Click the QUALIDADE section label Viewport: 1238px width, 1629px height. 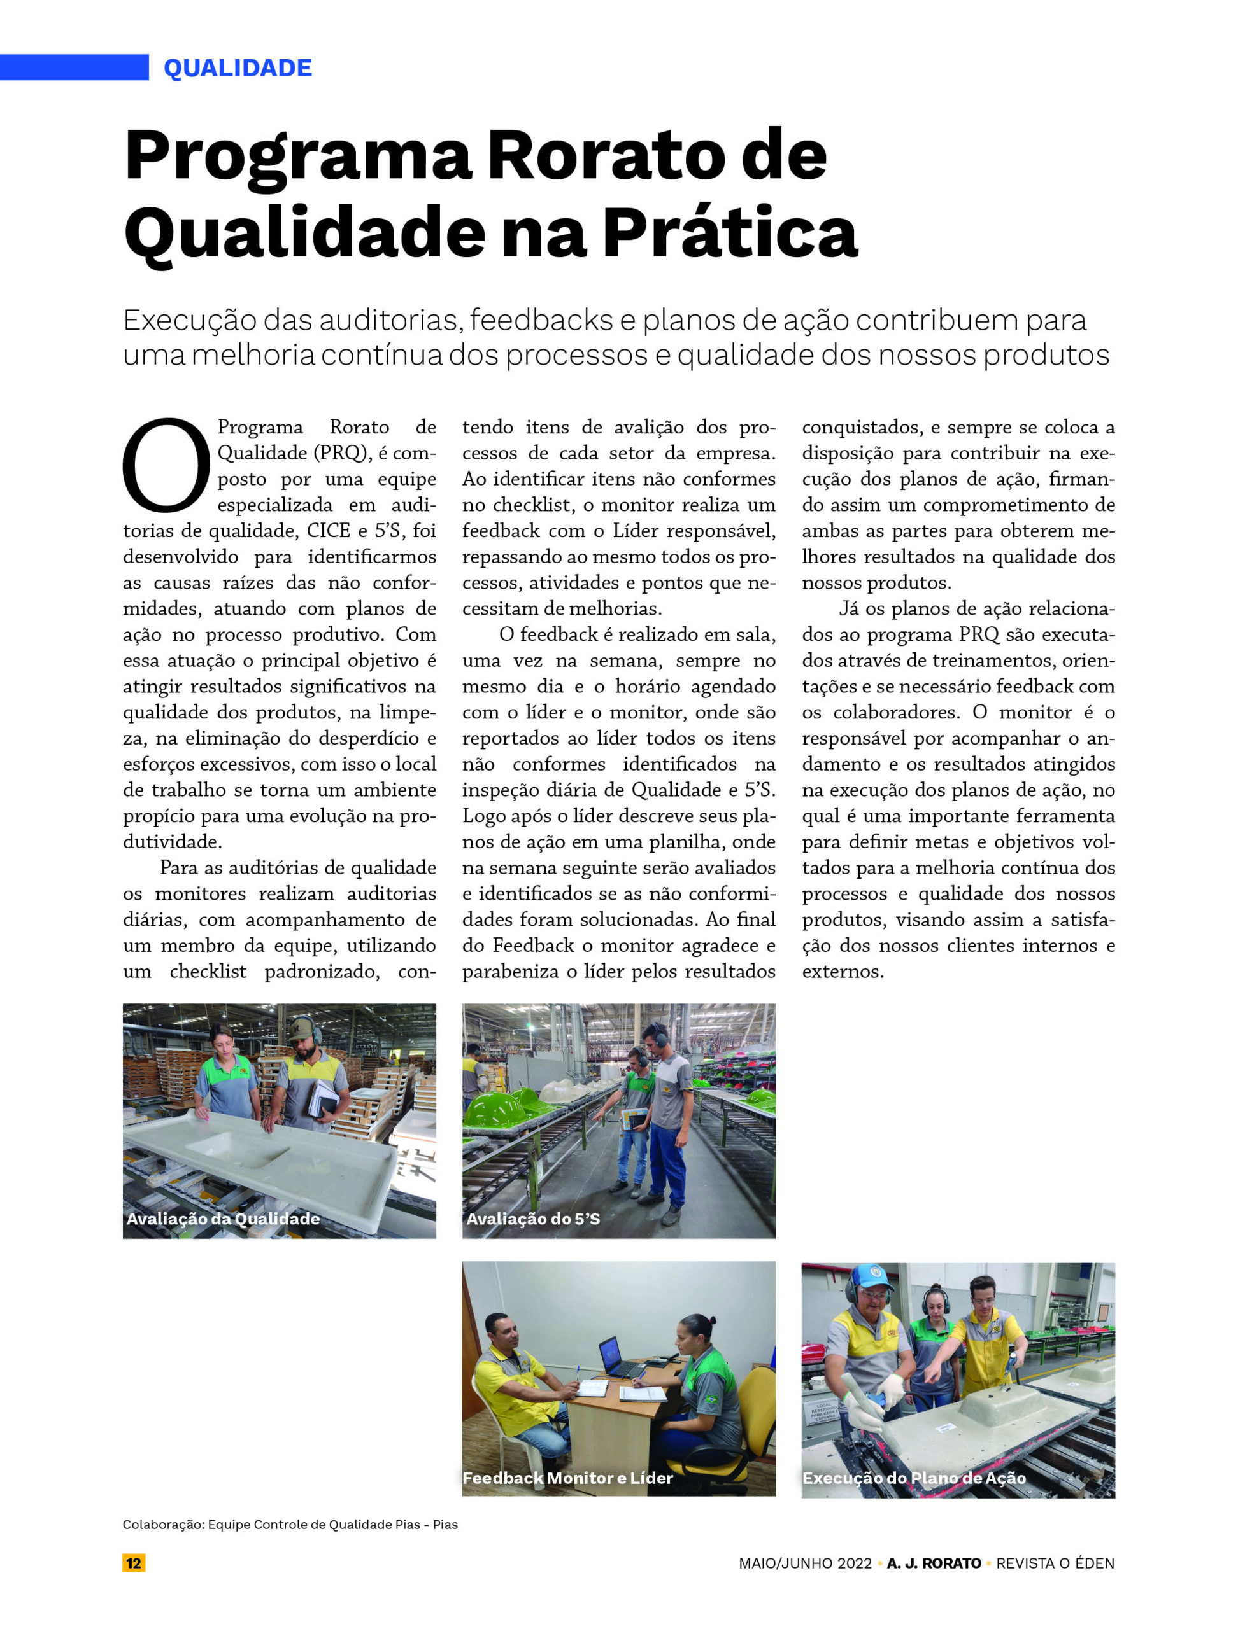click(x=238, y=67)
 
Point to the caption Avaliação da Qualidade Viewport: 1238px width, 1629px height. click(x=224, y=1219)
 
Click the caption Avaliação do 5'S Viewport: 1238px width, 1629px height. click(x=533, y=1219)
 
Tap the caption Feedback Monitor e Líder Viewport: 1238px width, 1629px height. click(x=567, y=1478)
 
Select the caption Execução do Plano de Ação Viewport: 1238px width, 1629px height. click(x=914, y=1478)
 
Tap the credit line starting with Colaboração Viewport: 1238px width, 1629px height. click(x=290, y=1525)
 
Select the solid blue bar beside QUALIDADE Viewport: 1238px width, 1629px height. click(x=74, y=67)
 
